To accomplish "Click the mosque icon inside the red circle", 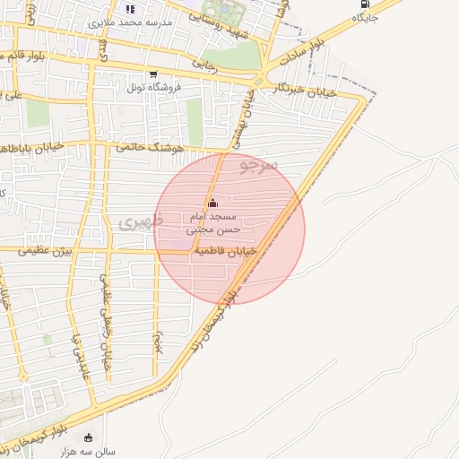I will [212, 204].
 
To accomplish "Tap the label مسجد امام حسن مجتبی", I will [213, 223].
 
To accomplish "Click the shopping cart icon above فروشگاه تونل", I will [153, 74].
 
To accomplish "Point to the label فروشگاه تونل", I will [153, 87].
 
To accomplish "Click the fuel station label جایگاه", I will [366, 17].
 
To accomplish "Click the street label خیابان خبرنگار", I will [308, 90].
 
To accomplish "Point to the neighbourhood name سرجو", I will [261, 165].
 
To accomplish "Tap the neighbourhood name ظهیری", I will [140, 221].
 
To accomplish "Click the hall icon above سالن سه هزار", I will [88, 437].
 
